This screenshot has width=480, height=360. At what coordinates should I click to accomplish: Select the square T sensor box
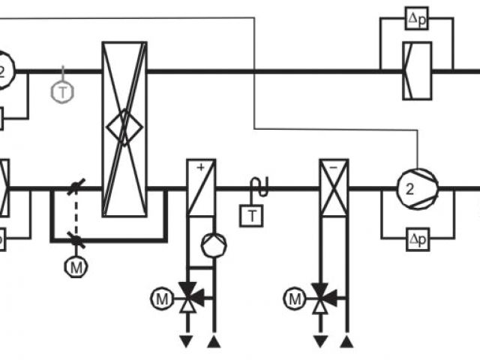pyautogui.click(x=251, y=216)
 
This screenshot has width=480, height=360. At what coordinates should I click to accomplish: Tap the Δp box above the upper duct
pyautogui.click(x=417, y=19)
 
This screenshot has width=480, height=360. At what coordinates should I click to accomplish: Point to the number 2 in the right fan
pyautogui.click(x=409, y=189)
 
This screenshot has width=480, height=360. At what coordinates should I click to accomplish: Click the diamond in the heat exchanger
pyautogui.click(x=124, y=128)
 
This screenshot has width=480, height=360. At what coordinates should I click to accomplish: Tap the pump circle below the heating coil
pyautogui.click(x=214, y=245)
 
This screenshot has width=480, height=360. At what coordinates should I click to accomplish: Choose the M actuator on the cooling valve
pyautogui.click(x=295, y=299)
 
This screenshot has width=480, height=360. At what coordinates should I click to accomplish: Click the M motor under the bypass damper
pyautogui.click(x=75, y=266)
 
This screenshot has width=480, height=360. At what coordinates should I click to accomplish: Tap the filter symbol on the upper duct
pyautogui.click(x=417, y=71)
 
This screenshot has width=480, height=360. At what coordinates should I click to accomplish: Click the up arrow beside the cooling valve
pyautogui.click(x=346, y=342)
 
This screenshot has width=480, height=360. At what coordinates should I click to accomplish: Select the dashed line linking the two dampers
pyautogui.click(x=74, y=214)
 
